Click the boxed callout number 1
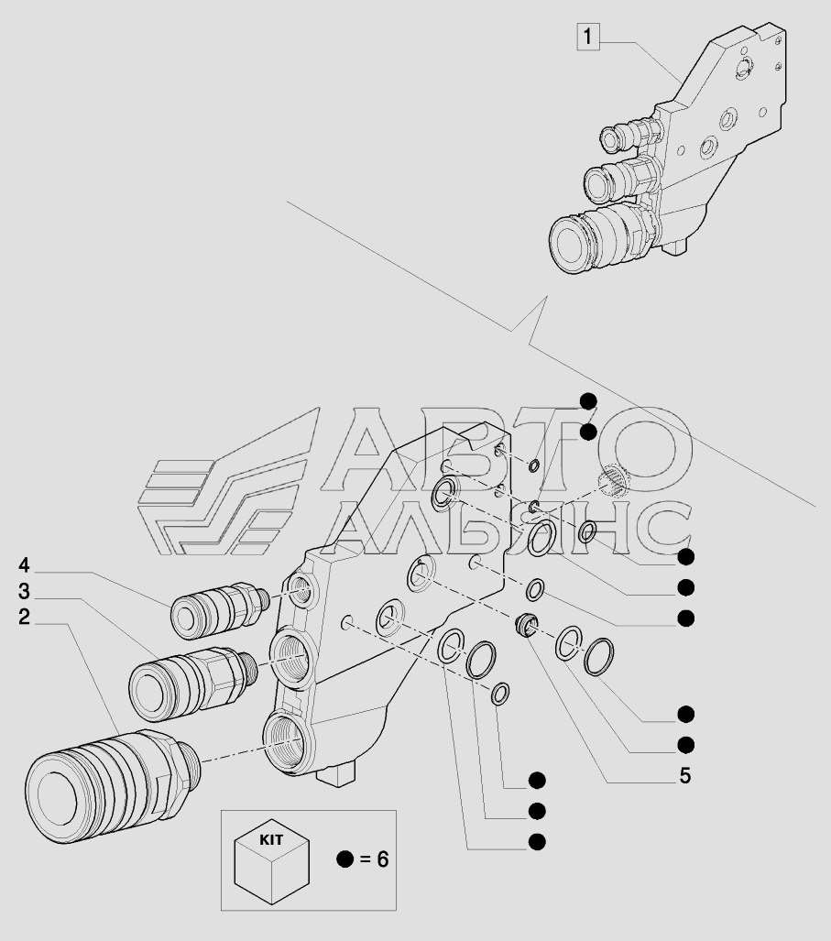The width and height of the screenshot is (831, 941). (587, 38)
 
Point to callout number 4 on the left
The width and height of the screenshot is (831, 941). (23, 563)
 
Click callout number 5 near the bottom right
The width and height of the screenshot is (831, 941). (683, 776)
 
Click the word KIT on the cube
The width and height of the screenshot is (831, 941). (271, 838)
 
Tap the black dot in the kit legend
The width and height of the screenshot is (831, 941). (344, 859)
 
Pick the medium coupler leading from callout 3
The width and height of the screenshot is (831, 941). (188, 676)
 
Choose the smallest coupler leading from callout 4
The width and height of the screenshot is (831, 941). (215, 608)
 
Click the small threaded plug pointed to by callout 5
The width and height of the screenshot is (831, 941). (527, 624)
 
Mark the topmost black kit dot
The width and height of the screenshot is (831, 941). (588, 399)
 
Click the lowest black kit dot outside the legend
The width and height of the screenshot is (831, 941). (538, 840)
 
